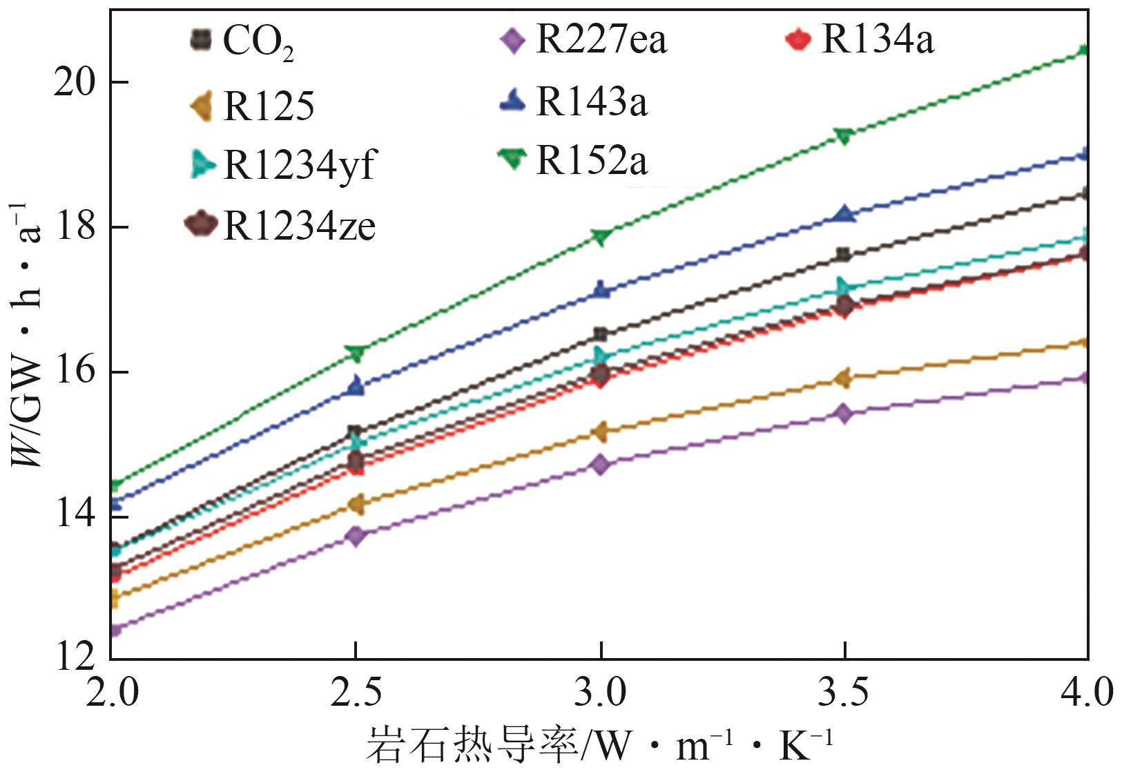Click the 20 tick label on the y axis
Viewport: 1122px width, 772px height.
(74, 83)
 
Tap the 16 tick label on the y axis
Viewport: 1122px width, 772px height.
(74, 371)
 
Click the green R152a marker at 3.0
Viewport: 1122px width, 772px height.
(601, 237)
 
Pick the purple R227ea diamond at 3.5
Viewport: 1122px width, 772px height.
(844, 414)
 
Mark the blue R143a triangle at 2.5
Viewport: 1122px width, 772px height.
(356, 385)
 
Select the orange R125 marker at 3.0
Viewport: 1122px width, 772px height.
(600, 432)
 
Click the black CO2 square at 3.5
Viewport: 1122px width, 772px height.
(843, 255)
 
